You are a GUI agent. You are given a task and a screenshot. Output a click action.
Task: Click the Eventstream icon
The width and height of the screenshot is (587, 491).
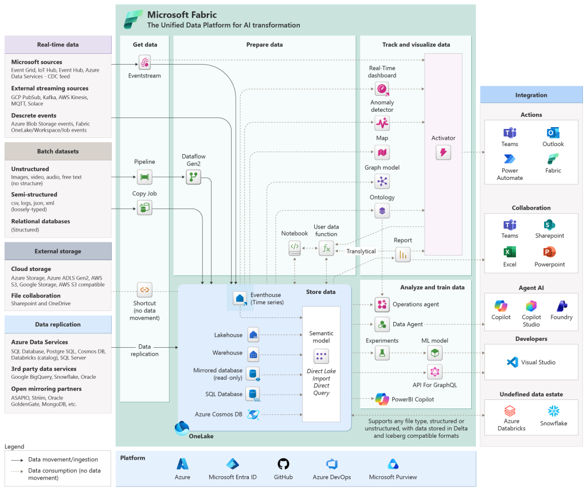[145, 62]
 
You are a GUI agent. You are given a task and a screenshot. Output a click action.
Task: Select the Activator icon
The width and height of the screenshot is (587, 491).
[443, 152]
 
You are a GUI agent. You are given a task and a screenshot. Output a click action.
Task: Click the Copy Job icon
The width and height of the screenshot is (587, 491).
[144, 207]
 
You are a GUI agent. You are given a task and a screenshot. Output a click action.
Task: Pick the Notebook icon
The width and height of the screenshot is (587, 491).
[294, 248]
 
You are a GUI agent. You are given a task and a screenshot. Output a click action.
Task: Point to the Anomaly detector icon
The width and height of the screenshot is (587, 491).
[382, 123]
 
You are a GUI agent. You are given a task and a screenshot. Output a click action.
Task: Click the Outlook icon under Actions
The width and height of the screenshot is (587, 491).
[553, 132]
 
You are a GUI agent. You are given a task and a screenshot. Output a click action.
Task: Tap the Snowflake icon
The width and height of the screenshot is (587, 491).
[553, 411]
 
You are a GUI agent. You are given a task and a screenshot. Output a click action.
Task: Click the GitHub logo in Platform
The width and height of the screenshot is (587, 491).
[283, 464]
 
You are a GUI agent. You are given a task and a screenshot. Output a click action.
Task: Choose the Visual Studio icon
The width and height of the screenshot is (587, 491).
[512, 362]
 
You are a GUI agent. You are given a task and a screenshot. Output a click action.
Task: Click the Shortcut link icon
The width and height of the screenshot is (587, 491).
[144, 289]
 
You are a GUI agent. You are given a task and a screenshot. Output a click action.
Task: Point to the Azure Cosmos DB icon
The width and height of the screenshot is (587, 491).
[253, 414]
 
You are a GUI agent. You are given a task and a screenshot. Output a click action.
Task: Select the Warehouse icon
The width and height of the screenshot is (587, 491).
[253, 353]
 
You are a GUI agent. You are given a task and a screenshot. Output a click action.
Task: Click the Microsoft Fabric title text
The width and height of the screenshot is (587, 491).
[182, 15]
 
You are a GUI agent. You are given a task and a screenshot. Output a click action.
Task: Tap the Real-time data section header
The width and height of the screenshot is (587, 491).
[58, 45]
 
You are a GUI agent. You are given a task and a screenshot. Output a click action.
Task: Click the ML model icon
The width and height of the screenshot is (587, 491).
[435, 353]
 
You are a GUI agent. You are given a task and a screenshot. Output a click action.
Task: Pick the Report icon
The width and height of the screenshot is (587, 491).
[402, 254]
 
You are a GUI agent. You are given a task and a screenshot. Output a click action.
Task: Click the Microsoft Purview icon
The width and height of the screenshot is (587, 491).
[393, 464]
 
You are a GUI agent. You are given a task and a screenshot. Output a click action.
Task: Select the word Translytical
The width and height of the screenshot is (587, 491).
[361, 252]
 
